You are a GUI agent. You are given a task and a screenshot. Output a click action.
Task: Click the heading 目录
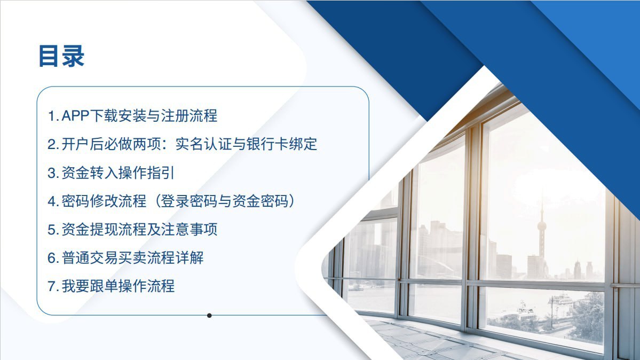click(61, 56)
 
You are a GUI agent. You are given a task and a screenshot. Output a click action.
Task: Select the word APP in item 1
click(75, 116)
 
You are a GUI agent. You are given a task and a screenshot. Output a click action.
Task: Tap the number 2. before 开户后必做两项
click(53, 145)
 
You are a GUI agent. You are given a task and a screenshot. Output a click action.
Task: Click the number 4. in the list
click(53, 201)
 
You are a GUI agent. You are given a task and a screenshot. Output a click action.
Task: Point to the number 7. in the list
click(53, 286)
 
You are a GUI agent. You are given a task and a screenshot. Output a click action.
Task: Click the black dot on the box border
click(209, 316)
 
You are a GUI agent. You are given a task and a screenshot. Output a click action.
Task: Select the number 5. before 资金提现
click(53, 230)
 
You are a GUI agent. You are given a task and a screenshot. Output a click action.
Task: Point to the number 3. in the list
click(53, 173)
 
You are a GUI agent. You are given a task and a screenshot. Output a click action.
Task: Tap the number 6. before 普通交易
click(53, 259)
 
